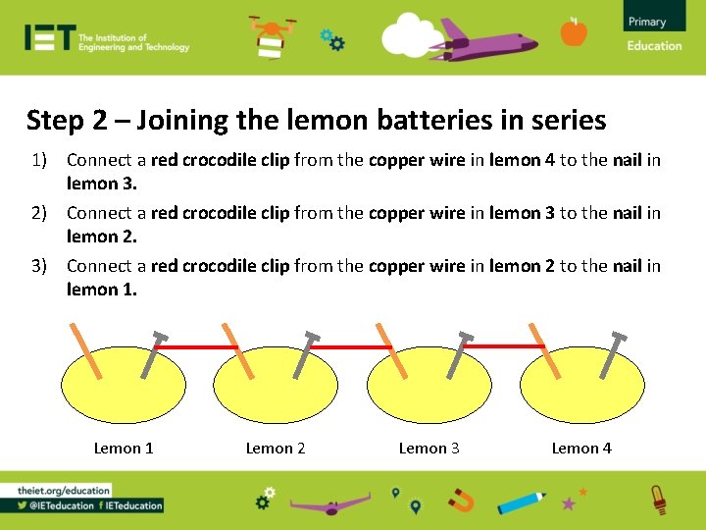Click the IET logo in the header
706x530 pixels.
(x=50, y=37)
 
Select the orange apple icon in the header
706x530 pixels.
(x=574, y=32)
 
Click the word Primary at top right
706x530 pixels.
(x=646, y=22)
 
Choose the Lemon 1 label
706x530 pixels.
(x=124, y=449)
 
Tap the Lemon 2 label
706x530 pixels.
(x=276, y=449)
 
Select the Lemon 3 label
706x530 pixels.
(x=429, y=449)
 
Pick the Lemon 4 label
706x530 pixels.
(x=581, y=449)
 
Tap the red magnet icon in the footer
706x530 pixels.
(x=460, y=502)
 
